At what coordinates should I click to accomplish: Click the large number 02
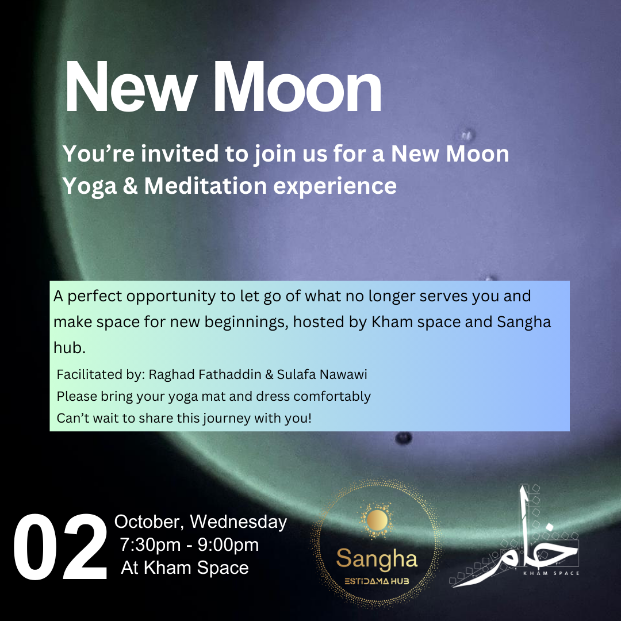pyautogui.click(x=60, y=547)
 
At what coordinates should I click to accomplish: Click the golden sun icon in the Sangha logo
pyautogui.click(x=377, y=521)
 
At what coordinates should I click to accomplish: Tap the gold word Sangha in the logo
pyautogui.click(x=377, y=558)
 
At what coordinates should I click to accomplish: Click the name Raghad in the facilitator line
pyautogui.click(x=168, y=375)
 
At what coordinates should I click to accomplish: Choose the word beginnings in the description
pyautogui.click(x=243, y=322)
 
